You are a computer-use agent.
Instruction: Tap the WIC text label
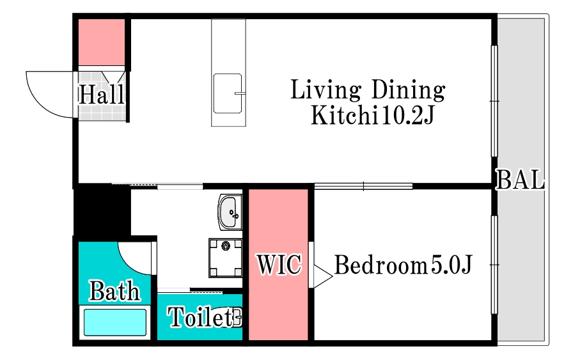coord(279,264)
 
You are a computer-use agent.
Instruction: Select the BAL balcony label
coord(520,179)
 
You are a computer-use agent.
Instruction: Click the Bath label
coord(114,291)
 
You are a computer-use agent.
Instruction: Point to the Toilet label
coord(200,317)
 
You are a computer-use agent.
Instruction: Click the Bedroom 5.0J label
coord(404,265)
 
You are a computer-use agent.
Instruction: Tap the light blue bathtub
coord(115,322)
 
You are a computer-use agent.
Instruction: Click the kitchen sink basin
coord(228,93)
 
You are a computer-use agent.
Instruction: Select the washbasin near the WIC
coord(230,212)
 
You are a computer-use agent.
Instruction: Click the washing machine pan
coord(226,258)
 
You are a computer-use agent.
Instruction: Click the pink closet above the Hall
coord(102,42)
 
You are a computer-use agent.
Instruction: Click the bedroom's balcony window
coord(494,265)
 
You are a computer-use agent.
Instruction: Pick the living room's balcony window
coord(494,101)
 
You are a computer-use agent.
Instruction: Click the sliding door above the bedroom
coord(363,187)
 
